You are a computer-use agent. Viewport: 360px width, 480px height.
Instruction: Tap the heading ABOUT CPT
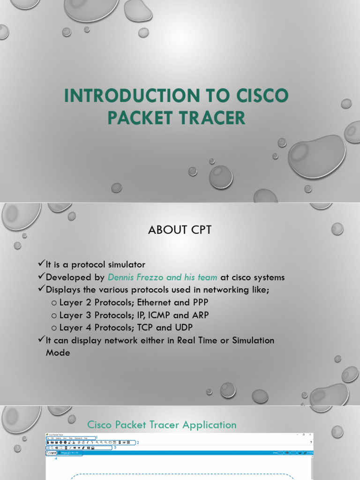[180, 230]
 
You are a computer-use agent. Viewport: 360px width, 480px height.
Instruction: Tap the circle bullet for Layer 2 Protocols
[54, 303]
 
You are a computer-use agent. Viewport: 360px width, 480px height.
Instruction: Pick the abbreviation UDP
[183, 328]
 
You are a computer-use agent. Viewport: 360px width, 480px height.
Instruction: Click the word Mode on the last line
[58, 353]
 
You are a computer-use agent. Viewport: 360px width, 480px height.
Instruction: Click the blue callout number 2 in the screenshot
[138, 442]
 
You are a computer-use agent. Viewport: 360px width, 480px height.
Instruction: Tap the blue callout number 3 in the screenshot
[115, 448]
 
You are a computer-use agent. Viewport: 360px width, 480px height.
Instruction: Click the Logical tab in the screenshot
[52, 453]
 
